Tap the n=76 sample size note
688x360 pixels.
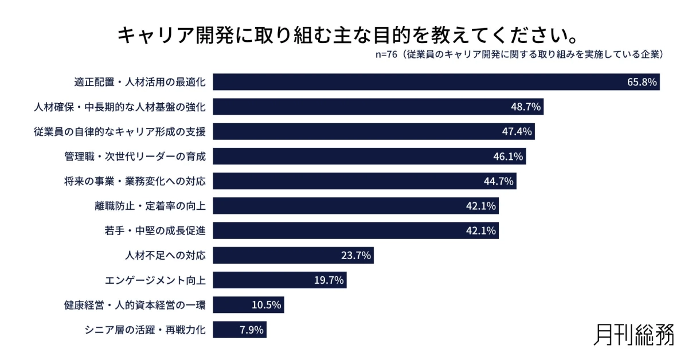(519, 55)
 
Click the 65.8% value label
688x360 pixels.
(642, 82)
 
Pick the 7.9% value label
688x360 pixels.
(251, 330)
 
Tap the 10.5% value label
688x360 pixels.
(267, 305)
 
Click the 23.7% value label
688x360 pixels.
(356, 256)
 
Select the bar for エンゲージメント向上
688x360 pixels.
(280, 280)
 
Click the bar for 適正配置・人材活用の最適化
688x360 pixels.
(436, 82)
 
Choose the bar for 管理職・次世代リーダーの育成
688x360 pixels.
(369, 156)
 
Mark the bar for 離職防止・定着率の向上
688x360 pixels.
(355, 206)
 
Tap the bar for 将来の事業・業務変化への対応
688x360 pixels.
(365, 181)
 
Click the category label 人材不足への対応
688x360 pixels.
(165, 256)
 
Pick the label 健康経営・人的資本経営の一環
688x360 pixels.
(134, 305)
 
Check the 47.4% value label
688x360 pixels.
(517, 132)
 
